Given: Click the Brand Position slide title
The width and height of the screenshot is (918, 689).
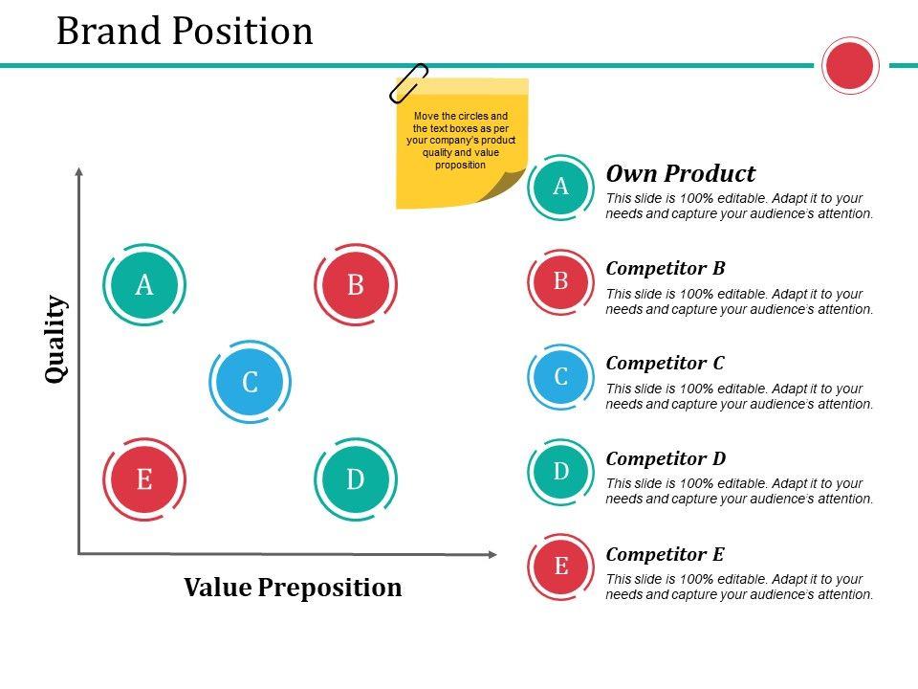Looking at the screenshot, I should click(185, 32).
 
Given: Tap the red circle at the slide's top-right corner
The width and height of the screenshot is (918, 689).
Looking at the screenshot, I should click(849, 66).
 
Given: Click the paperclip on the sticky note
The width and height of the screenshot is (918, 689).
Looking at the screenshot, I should click(408, 83).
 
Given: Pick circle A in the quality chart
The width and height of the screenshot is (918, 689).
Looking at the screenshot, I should click(144, 285).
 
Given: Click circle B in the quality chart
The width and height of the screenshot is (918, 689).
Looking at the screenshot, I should click(356, 285).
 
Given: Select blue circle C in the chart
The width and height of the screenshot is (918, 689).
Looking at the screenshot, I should click(250, 382).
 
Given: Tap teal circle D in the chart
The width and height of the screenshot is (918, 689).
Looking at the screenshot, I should click(356, 478).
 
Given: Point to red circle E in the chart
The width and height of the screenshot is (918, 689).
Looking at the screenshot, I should click(144, 478).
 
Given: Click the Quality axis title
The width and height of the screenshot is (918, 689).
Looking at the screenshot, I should click(57, 340).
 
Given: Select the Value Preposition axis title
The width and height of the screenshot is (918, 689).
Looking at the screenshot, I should click(293, 587).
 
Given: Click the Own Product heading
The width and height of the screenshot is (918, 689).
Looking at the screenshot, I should click(681, 174).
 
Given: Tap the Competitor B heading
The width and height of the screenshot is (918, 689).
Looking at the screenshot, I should click(666, 268).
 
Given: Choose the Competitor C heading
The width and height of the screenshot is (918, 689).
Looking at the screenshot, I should click(666, 363).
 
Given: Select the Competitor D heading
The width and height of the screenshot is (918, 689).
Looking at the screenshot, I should click(667, 458).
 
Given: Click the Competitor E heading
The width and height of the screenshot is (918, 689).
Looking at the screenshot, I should click(666, 554).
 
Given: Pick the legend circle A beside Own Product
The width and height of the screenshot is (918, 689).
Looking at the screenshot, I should click(561, 187).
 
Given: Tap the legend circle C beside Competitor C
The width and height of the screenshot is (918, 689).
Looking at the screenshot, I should click(561, 376).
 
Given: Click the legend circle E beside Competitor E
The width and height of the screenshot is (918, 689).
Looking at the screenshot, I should click(561, 566).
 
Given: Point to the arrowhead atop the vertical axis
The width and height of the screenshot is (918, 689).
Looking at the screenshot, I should click(79, 172).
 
